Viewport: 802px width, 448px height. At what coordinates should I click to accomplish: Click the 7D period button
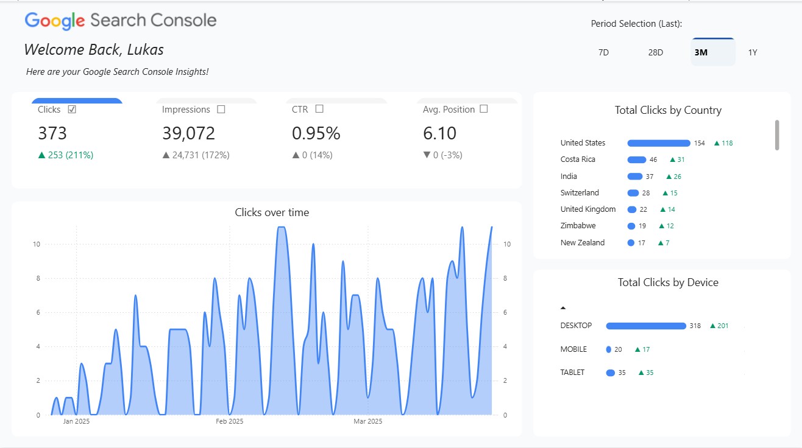coord(603,52)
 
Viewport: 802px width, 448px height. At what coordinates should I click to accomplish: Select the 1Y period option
coord(753,52)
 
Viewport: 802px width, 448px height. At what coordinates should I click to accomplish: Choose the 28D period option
coord(656,52)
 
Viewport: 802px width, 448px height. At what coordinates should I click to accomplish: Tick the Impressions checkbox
coord(221,110)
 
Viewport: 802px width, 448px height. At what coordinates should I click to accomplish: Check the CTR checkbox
coord(319,109)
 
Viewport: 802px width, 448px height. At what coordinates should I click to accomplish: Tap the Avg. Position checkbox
coord(484,109)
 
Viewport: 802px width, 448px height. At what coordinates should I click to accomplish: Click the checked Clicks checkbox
coord(72,110)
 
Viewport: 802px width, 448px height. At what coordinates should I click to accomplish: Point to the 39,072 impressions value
coord(188,133)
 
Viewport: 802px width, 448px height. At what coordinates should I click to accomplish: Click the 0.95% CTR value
coord(316,133)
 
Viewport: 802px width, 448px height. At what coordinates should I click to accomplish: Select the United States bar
coord(659,143)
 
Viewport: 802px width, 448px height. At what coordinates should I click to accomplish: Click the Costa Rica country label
coord(578,159)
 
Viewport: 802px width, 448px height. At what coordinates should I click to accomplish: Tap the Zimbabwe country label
coord(578,226)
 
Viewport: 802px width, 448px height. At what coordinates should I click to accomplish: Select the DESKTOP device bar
coord(646,326)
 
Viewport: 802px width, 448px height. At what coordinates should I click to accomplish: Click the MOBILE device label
coord(573,349)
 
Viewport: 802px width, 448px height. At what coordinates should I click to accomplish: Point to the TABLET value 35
coord(622,373)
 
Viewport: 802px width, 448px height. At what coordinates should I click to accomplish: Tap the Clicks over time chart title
coord(272,212)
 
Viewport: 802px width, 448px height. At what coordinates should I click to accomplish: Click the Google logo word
coord(55,21)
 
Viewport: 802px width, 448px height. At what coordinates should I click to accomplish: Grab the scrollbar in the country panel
coord(777,135)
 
